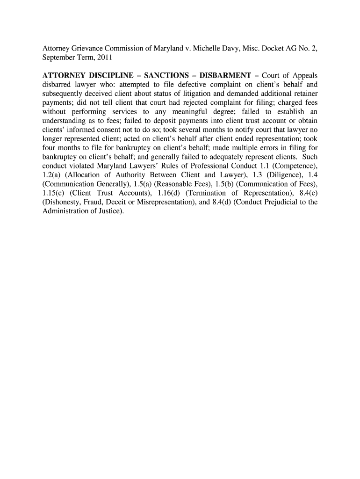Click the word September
(59, 58)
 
